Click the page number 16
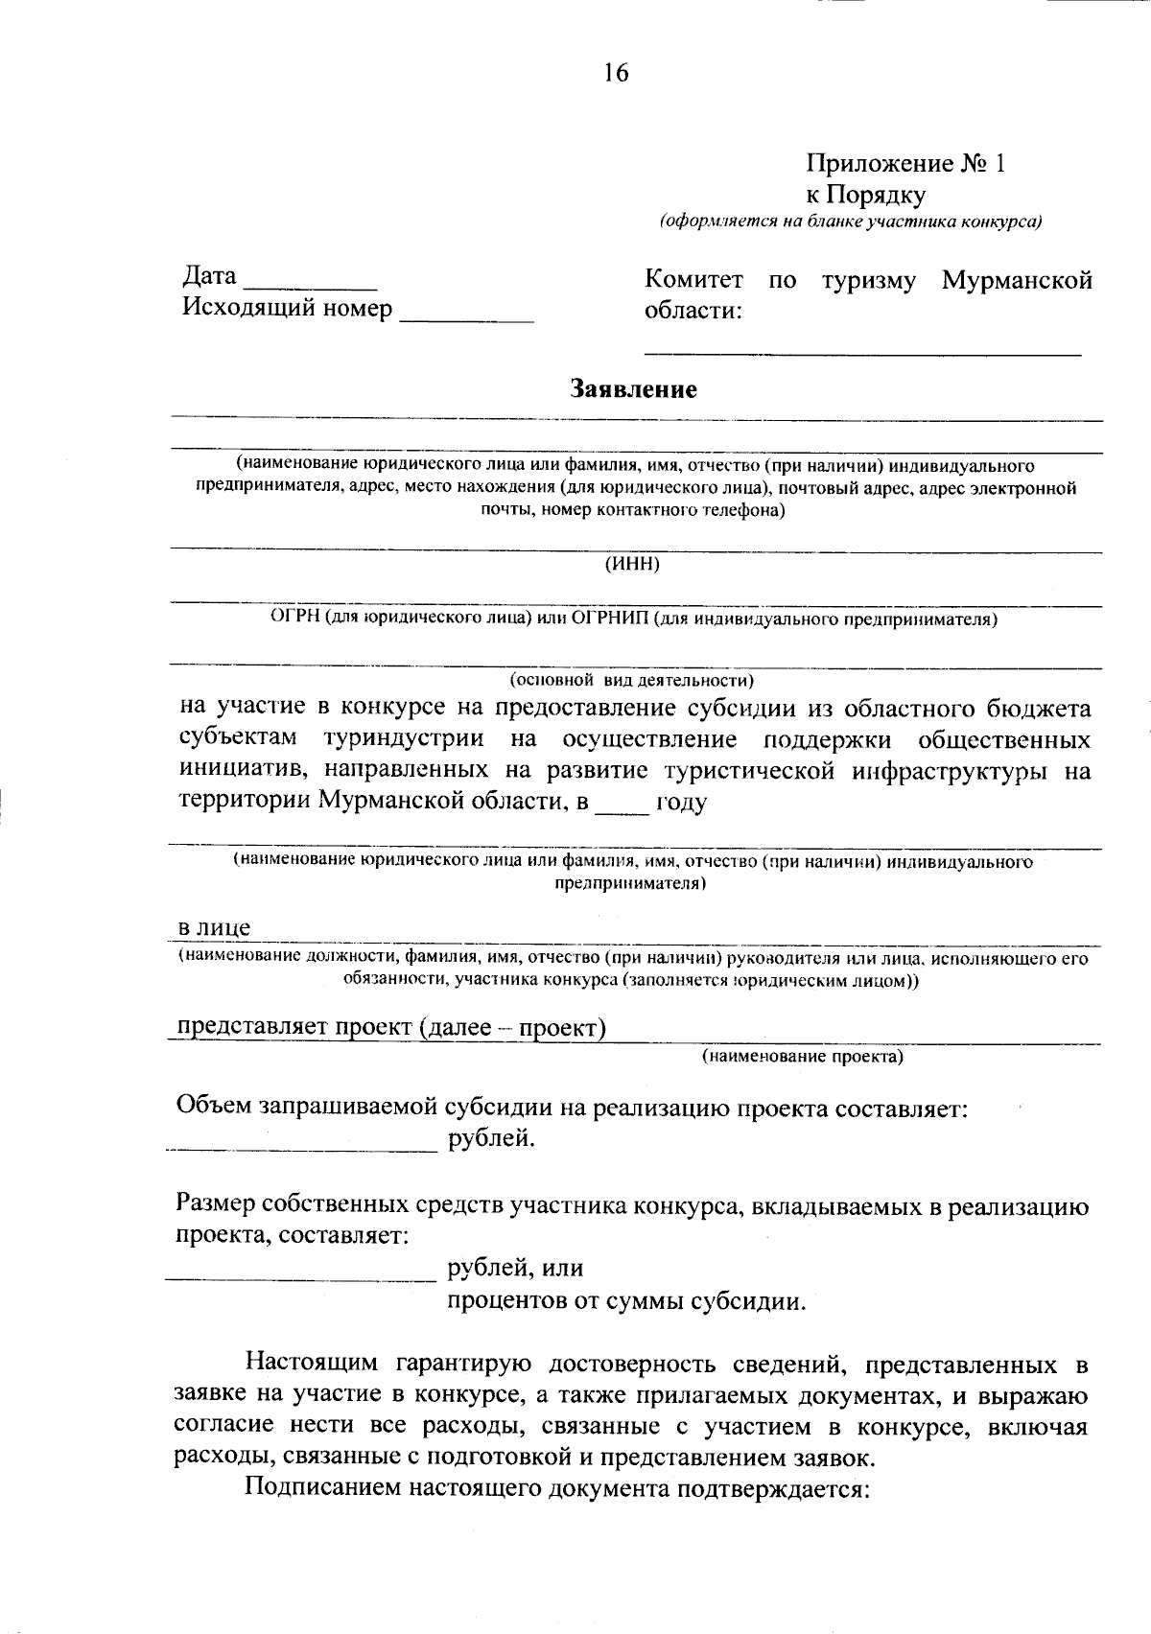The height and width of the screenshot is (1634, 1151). coord(616,73)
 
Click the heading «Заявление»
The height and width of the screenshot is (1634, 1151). coord(633,389)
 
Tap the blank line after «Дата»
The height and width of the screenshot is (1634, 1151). coord(312,284)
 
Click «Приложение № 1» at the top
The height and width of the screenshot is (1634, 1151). coord(905,163)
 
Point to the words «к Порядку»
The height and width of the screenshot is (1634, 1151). coord(865,195)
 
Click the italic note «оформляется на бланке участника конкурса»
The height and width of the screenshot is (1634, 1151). coord(850,222)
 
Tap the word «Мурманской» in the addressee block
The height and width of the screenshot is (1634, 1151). coord(1017,280)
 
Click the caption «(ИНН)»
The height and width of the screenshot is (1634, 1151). coord(632,564)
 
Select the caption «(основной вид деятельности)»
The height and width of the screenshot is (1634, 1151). coord(632,681)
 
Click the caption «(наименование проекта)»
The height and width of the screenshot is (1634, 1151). coord(802,1057)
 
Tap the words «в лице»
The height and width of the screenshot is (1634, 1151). coord(215,927)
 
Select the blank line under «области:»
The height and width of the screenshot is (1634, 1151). coord(861,352)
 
